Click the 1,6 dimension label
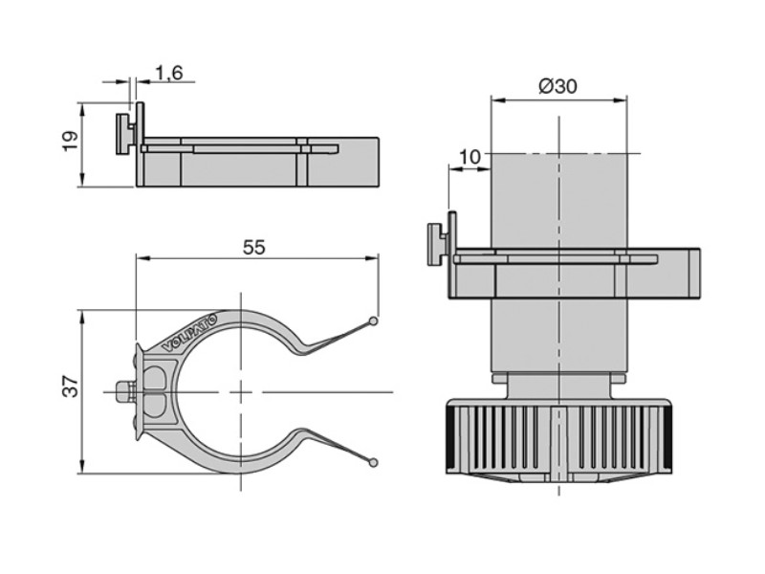(x=169, y=74)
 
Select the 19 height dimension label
(x=70, y=141)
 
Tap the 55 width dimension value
(x=254, y=248)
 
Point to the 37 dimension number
(x=71, y=386)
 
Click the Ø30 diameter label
(x=557, y=86)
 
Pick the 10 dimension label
(x=470, y=157)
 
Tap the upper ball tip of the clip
(x=373, y=321)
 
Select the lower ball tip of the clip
(x=373, y=461)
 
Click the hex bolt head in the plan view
(x=125, y=392)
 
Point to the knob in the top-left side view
(x=125, y=135)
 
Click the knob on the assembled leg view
(x=438, y=244)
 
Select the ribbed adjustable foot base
(x=557, y=438)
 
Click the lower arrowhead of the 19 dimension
(x=82, y=180)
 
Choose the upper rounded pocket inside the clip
(x=156, y=376)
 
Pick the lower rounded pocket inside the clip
(x=156, y=407)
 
